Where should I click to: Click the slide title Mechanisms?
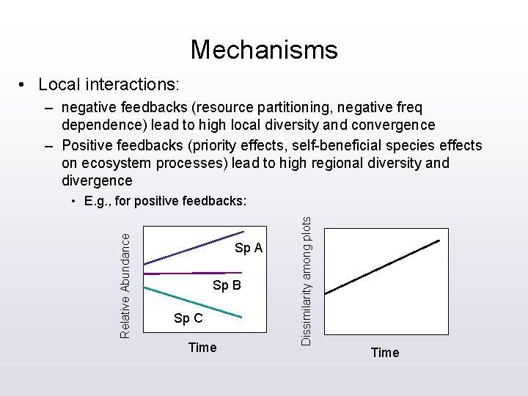point(264,50)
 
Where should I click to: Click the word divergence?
point(97,180)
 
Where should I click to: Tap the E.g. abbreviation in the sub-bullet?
point(98,200)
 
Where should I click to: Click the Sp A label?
point(249,249)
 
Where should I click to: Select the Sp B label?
point(227,285)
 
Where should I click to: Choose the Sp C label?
point(188,318)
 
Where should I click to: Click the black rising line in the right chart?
point(383,267)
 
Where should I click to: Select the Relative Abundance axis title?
point(125,285)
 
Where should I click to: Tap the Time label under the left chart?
point(202,348)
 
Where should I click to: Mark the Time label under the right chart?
point(385,353)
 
